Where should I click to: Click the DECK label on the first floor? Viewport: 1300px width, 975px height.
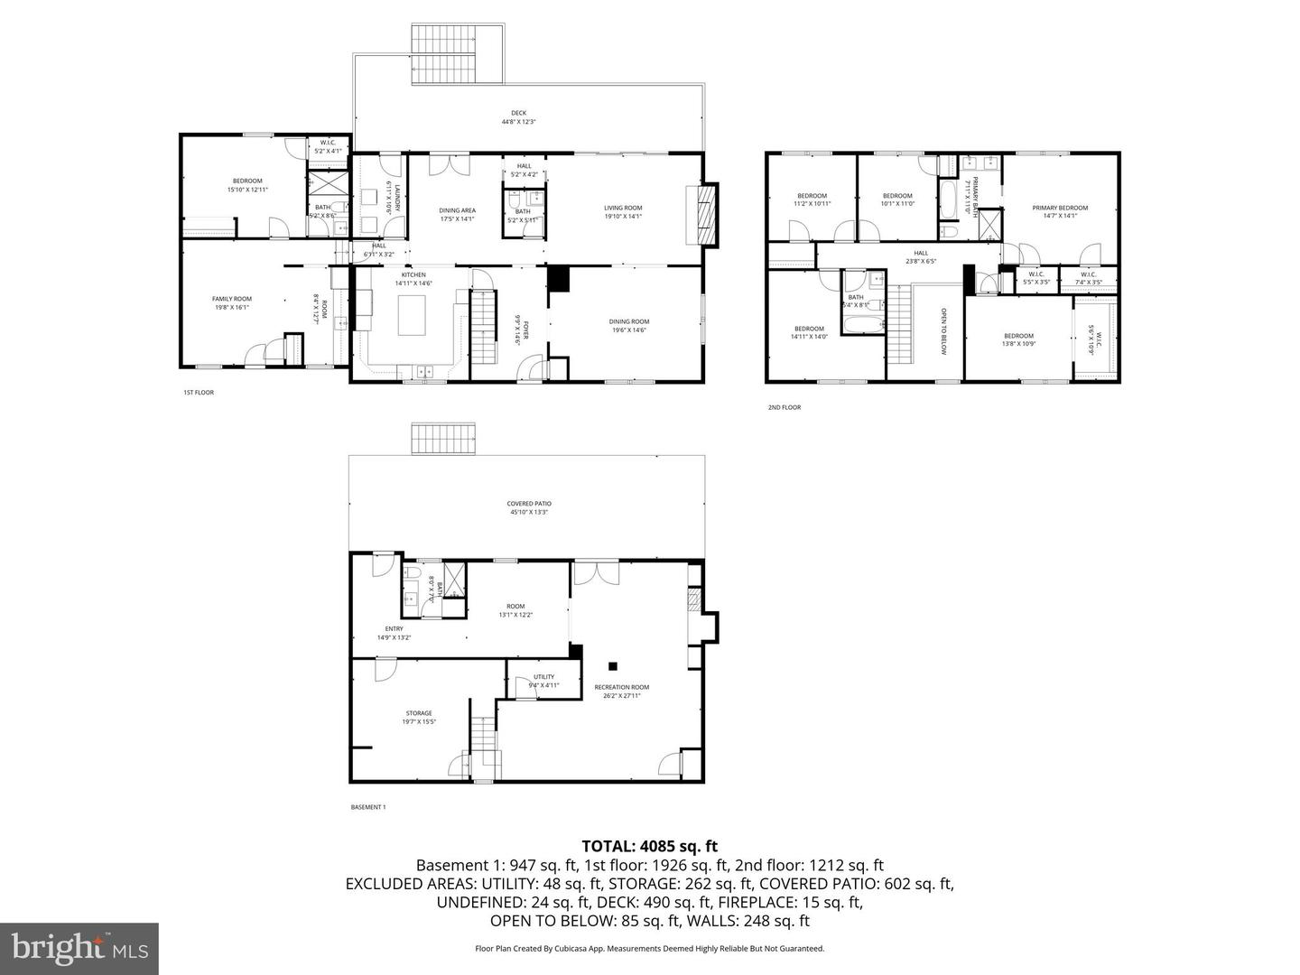(518, 114)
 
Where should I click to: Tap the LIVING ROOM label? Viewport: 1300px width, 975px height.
(623, 209)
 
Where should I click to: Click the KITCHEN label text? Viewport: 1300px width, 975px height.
(413, 274)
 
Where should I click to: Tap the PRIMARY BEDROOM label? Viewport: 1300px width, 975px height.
(1060, 209)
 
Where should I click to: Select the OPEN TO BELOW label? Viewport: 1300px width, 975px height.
(943, 330)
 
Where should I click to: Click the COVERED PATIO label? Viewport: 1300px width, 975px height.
(529, 504)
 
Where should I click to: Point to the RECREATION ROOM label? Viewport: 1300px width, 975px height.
(621, 688)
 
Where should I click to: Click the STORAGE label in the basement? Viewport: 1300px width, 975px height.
(419, 713)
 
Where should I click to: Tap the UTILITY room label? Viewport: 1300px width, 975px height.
(543, 676)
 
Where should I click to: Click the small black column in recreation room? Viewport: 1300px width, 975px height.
(612, 666)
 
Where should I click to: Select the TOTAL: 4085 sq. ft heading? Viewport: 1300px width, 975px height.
(649, 847)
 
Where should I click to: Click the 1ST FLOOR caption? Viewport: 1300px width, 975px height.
(199, 393)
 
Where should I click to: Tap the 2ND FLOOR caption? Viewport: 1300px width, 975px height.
(784, 407)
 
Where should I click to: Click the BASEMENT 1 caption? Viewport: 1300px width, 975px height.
(367, 807)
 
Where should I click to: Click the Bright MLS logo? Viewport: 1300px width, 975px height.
(79, 948)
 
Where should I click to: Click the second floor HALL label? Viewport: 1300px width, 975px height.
(921, 254)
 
